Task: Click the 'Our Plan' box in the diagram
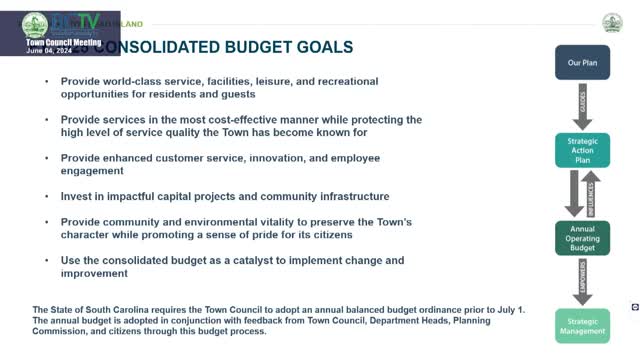click(x=582, y=62)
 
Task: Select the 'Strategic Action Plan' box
click(x=582, y=151)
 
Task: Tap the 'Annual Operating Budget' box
click(x=582, y=241)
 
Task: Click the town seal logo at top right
click(x=612, y=22)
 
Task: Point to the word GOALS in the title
click(x=318, y=47)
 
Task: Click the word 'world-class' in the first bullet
click(x=130, y=81)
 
